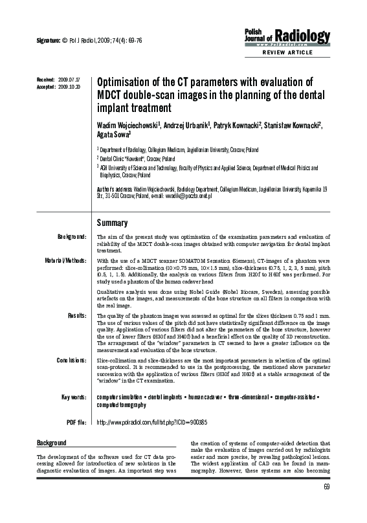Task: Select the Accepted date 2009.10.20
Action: click(x=69, y=85)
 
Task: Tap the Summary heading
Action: click(x=112, y=223)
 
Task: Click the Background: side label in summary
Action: click(x=72, y=238)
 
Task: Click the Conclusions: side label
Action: click(x=71, y=359)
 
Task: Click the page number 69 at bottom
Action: click(x=326, y=506)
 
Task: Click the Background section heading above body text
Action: click(x=51, y=443)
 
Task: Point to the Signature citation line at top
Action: click(x=90, y=40)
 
